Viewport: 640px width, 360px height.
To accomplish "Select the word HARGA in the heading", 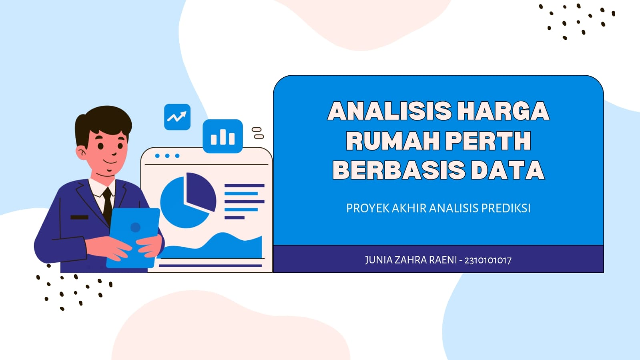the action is pyautogui.click(x=503, y=111).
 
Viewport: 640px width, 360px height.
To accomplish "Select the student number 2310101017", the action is pyautogui.click(x=488, y=261).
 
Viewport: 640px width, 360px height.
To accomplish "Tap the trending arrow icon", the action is pyautogui.click(x=177, y=117).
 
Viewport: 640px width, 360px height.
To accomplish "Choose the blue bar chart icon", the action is pyautogui.click(x=223, y=136).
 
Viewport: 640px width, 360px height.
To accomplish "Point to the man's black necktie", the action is pyautogui.click(x=107, y=206).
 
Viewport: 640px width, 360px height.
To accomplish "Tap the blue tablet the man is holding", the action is pyautogui.click(x=134, y=238).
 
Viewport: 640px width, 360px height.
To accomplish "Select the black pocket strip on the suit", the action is pyautogui.click(x=79, y=217).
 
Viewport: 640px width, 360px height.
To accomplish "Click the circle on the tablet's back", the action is pyautogui.click(x=135, y=227).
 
